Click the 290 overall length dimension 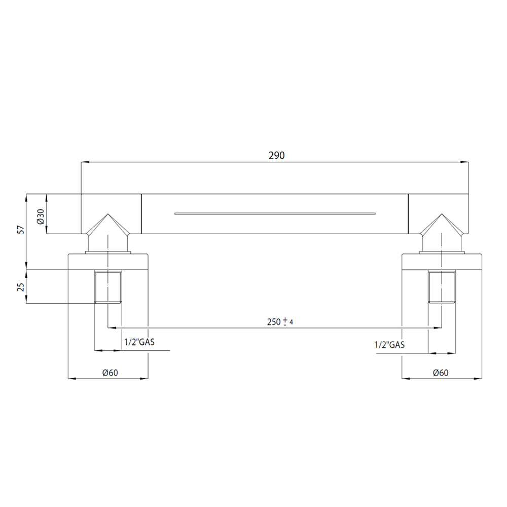tap(276, 156)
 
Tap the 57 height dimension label tap(21, 230)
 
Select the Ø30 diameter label tap(41, 216)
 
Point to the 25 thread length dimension tap(21, 287)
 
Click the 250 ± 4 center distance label tap(280, 322)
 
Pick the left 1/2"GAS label tap(139, 342)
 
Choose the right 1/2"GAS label tap(389, 345)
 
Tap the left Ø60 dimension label tap(110, 373)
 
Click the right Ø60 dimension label tap(441, 373)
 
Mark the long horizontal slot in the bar tap(275, 213)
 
